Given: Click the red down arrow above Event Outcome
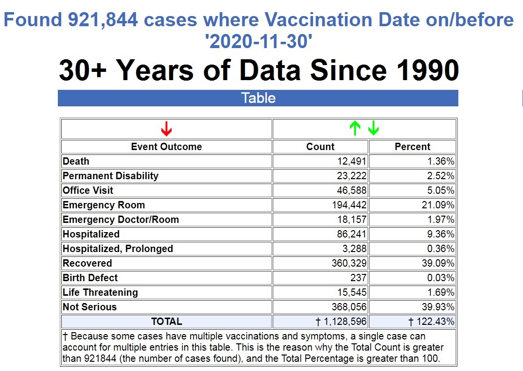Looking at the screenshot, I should [166, 129].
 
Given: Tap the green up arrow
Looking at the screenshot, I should [355, 129].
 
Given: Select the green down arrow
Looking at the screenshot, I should [373, 129].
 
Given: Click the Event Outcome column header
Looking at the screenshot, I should [166, 147].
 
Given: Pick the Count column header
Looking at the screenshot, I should [320, 147].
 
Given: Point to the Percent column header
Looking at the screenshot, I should [412, 147].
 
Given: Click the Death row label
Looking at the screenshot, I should [76, 161].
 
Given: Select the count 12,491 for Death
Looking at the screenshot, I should [352, 161].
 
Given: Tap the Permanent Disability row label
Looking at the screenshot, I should [111, 176].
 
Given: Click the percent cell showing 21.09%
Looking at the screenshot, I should [438, 205].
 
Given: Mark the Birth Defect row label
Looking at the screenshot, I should [90, 278].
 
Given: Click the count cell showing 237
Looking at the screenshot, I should [359, 278].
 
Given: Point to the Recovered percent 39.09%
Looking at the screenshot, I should [438, 263].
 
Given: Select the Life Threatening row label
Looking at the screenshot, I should [100, 292].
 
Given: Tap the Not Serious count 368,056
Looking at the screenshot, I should [349, 307].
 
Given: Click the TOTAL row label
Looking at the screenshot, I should [166, 321].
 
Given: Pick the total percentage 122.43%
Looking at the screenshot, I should [432, 321].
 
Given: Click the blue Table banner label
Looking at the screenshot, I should [258, 98].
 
